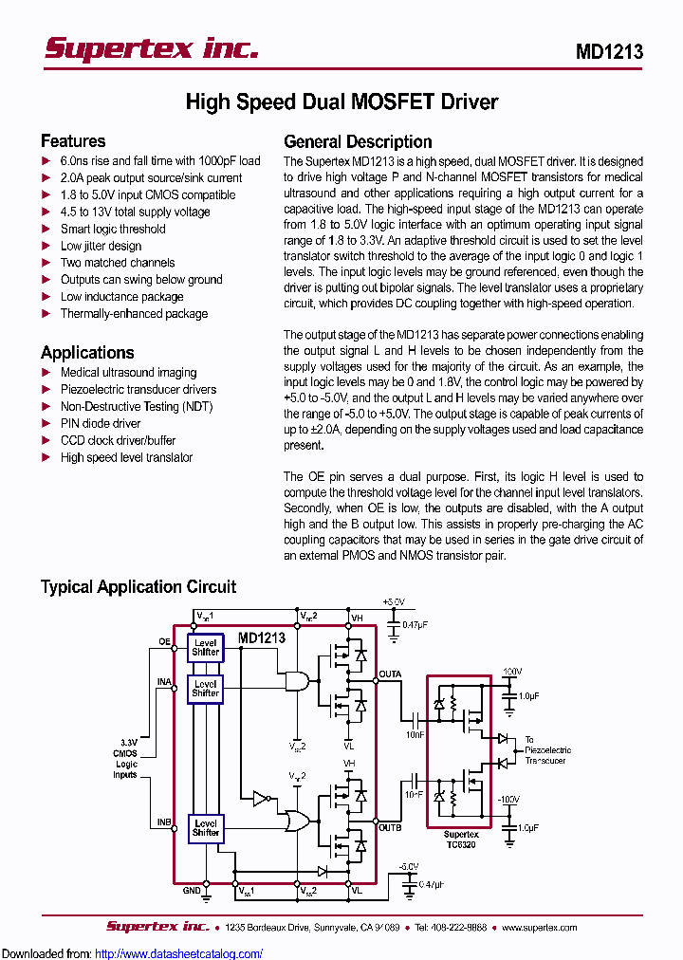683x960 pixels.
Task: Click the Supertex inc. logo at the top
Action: (x=152, y=48)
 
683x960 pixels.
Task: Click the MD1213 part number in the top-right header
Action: (x=609, y=52)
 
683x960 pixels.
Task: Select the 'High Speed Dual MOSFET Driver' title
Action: (x=341, y=102)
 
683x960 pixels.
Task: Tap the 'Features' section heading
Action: (x=73, y=141)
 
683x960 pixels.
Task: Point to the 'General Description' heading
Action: (x=358, y=141)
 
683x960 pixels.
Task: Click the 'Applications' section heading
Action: (x=87, y=352)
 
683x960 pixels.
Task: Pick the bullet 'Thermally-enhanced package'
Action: (x=134, y=314)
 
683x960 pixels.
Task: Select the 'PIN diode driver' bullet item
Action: (x=101, y=423)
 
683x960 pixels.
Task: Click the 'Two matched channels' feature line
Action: (x=118, y=263)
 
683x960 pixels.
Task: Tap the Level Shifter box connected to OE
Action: (x=205, y=648)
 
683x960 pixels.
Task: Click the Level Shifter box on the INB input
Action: (x=205, y=827)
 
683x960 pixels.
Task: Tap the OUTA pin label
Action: (x=390, y=674)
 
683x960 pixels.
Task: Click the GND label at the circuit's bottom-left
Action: (x=192, y=891)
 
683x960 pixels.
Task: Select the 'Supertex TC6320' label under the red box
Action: (x=460, y=840)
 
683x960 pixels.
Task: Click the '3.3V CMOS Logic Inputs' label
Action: (x=126, y=758)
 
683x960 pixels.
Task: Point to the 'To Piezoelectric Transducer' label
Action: (x=548, y=749)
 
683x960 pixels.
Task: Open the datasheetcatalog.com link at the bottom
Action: (x=179, y=953)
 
